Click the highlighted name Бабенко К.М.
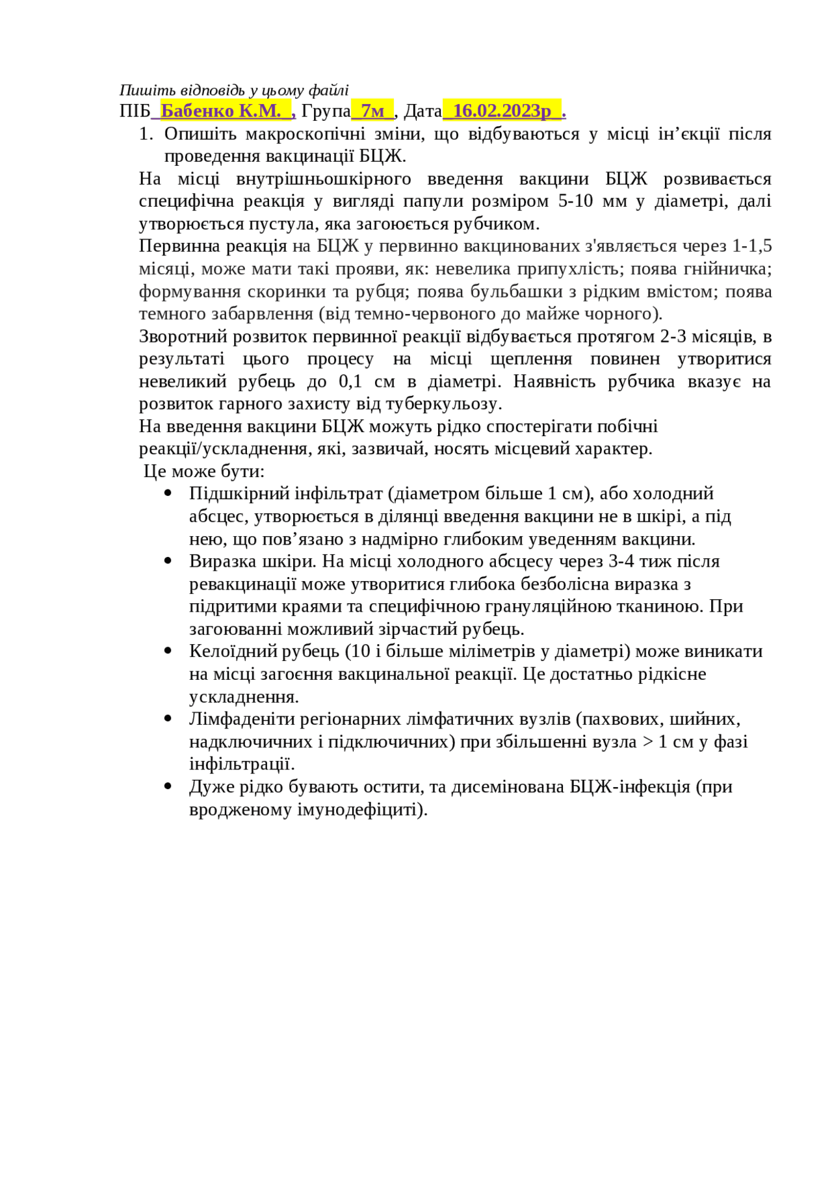220,111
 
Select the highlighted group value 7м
372,111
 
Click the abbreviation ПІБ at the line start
135,111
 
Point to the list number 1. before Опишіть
146,134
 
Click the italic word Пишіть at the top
139,90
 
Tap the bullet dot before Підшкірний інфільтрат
168,493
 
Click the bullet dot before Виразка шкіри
168,561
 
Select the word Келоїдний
228,651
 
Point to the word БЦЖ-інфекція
630,786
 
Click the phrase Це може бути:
203,471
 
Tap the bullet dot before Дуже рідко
168,786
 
